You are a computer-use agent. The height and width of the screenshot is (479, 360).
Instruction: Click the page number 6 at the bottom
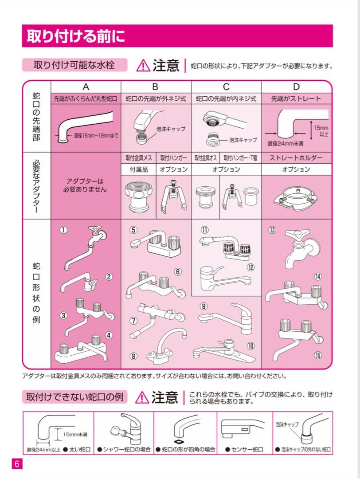click(x=16, y=464)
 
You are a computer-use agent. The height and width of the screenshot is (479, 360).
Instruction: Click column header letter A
click(x=86, y=87)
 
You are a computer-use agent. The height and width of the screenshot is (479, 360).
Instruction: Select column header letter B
click(x=155, y=87)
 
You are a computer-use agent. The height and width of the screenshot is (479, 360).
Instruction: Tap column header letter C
click(x=226, y=87)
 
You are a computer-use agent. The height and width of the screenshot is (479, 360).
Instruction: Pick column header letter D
click(x=296, y=87)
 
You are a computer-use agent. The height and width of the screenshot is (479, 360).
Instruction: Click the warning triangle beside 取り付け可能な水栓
click(x=143, y=66)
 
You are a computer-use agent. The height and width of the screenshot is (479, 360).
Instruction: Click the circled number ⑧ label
click(x=133, y=356)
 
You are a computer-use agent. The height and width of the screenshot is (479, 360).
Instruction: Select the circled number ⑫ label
click(x=251, y=267)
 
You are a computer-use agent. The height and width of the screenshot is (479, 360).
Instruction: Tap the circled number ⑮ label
click(x=317, y=355)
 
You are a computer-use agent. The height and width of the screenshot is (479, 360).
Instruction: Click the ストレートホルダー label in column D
click(x=296, y=158)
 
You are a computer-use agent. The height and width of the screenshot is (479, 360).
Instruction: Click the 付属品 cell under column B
click(x=138, y=169)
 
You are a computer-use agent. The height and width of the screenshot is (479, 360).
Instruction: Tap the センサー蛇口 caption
click(x=244, y=449)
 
